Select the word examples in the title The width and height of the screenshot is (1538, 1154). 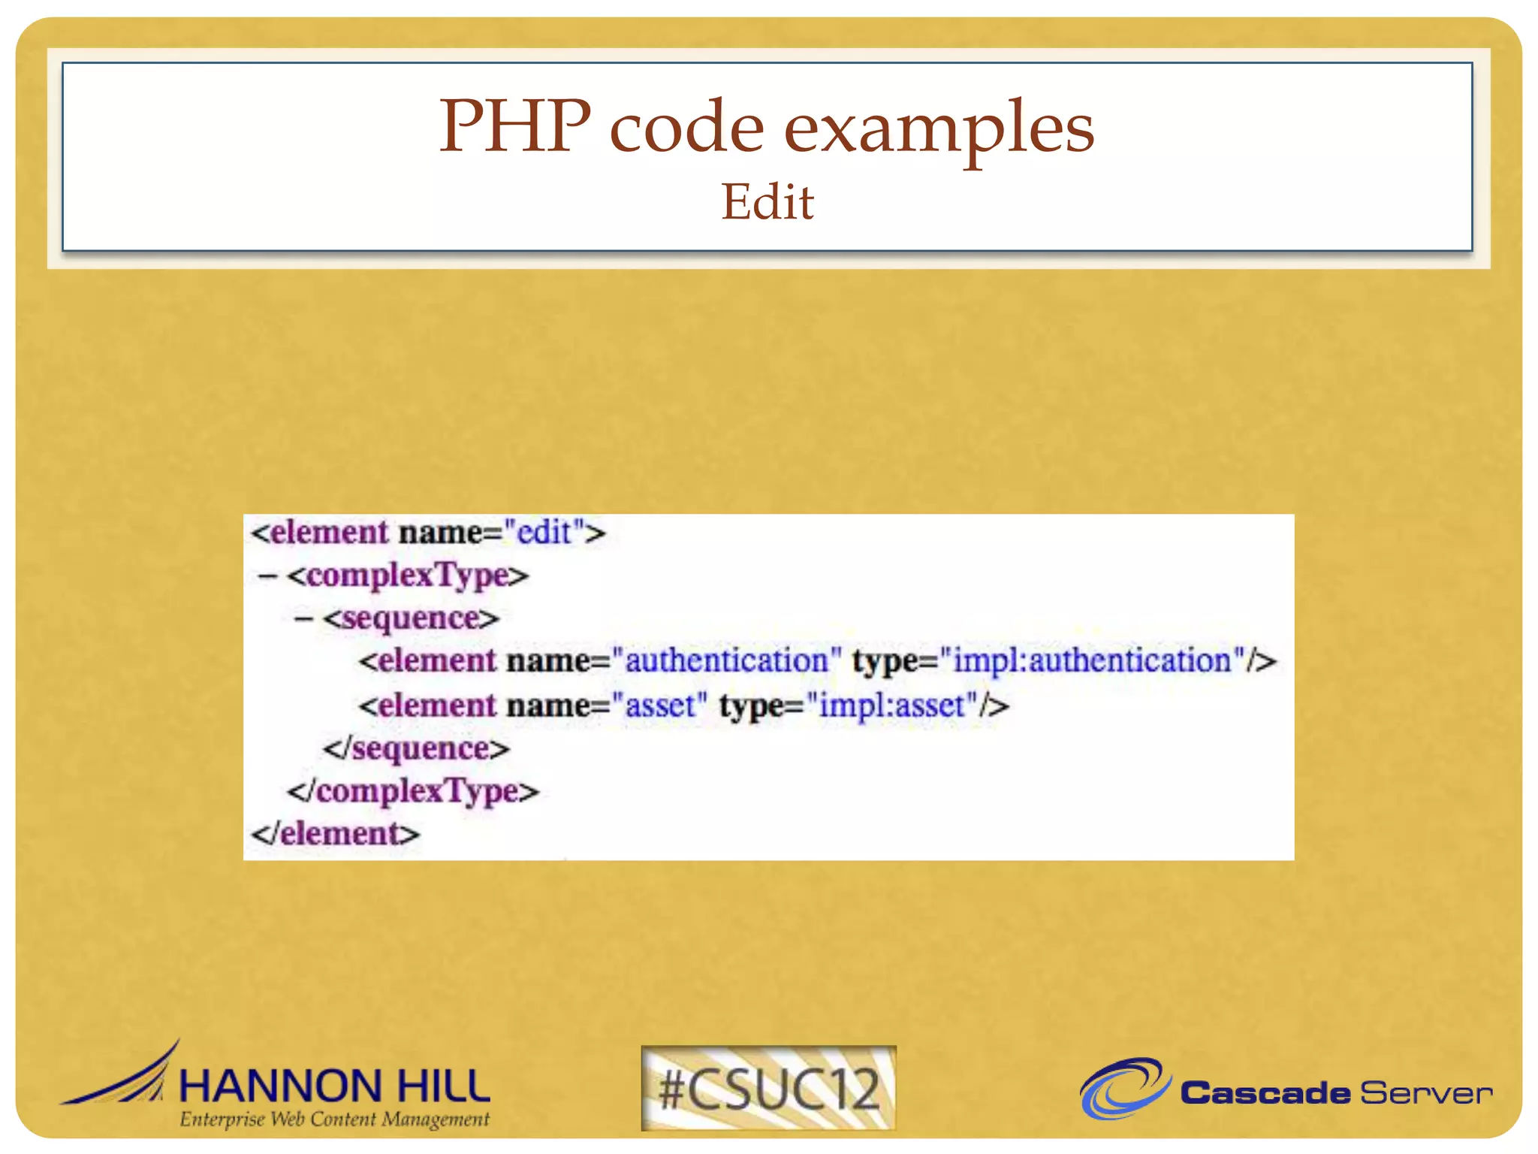point(939,129)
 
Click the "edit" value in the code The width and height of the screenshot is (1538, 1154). point(544,532)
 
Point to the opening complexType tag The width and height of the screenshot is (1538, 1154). point(408,575)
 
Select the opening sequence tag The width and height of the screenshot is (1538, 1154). point(412,618)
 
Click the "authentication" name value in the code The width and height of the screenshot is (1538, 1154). point(726,661)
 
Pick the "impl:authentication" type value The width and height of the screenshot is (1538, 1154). point(1092,661)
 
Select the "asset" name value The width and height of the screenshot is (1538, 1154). point(660,705)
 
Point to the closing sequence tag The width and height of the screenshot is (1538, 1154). point(417,749)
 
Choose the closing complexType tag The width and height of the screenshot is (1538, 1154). point(413,791)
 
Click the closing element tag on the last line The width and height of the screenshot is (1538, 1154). point(335,834)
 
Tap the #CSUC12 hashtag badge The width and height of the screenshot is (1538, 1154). point(768,1088)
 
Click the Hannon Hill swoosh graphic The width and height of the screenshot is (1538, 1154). point(128,1078)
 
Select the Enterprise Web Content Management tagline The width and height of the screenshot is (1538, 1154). point(334,1119)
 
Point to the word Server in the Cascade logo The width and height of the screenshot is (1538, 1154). point(1425,1093)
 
